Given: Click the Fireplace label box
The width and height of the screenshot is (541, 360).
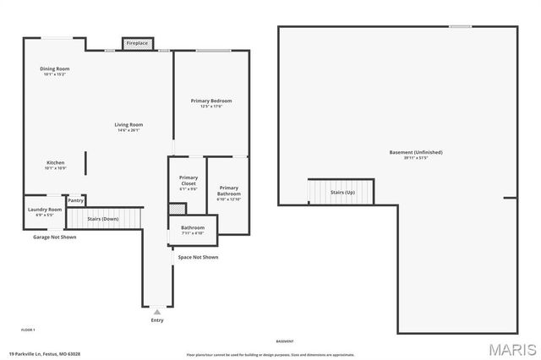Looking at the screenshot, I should (136, 42).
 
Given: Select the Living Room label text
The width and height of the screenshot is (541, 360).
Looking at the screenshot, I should (128, 127).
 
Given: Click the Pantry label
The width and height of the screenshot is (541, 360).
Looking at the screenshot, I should (75, 201).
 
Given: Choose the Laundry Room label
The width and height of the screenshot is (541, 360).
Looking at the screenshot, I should (45, 211).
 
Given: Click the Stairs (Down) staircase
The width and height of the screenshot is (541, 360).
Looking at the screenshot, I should (103, 219).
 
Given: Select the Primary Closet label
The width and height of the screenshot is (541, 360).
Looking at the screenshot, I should (188, 183).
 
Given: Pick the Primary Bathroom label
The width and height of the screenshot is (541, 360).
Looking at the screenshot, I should (228, 193).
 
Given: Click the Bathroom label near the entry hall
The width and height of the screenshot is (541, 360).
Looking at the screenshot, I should (193, 229).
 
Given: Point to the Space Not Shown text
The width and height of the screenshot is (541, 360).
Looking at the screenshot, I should (198, 257).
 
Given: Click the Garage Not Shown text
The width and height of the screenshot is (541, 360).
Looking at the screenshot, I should (54, 237).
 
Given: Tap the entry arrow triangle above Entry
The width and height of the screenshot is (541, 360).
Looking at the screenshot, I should (157, 312).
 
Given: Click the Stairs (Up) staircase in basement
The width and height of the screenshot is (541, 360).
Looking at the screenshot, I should (342, 192).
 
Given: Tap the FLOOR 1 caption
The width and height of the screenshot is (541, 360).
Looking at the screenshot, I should (28, 329).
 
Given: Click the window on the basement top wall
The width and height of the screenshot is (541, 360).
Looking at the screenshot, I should (461, 26).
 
